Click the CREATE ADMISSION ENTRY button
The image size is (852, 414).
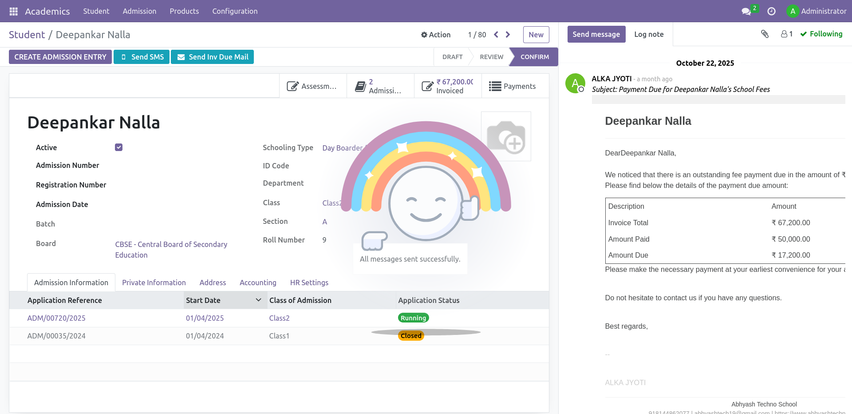pyautogui.click(x=60, y=57)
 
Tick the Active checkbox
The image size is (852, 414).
pyautogui.click(x=118, y=147)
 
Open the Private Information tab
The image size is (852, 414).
pyautogui.click(x=154, y=283)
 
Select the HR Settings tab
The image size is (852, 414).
pyautogui.click(x=309, y=283)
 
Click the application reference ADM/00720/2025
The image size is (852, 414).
pyautogui.click(x=56, y=318)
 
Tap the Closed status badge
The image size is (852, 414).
pyautogui.click(x=411, y=336)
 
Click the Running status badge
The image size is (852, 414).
pyautogui.click(x=413, y=318)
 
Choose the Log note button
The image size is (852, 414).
pyautogui.click(x=649, y=34)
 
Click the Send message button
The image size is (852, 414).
pyautogui.click(x=596, y=34)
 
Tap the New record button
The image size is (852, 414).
pyautogui.click(x=536, y=35)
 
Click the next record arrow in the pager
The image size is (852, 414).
pyautogui.click(x=508, y=35)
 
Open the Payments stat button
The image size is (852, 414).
pyautogui.click(x=513, y=86)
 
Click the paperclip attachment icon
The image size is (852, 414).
pyautogui.click(x=765, y=34)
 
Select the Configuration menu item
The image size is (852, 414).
pyautogui.click(x=235, y=11)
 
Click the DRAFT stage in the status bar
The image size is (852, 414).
pyautogui.click(x=452, y=57)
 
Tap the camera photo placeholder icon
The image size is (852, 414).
pyautogui.click(x=506, y=136)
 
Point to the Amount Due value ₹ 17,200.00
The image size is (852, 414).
pyautogui.click(x=791, y=255)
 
